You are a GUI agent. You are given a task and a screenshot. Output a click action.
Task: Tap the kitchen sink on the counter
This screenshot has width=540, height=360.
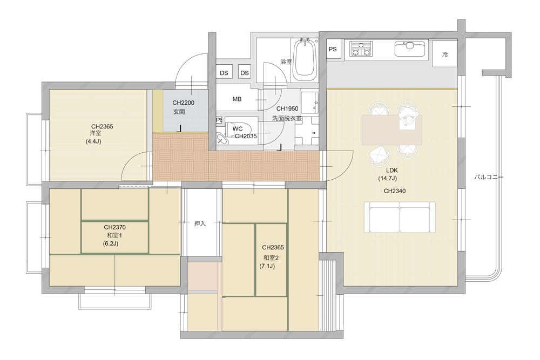click(410, 49)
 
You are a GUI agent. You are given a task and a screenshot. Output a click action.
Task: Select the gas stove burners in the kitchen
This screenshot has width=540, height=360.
click(361, 49)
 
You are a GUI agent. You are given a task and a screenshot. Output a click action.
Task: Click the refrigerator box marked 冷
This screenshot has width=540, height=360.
click(444, 54)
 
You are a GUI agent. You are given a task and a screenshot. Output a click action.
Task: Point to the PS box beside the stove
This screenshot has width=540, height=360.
click(332, 49)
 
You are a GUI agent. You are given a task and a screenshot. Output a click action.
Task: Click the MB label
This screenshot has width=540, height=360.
click(237, 99)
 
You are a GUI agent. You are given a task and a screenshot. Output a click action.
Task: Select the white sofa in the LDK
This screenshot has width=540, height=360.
click(400, 218)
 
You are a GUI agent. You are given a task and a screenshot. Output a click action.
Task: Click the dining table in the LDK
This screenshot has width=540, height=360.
click(392, 130)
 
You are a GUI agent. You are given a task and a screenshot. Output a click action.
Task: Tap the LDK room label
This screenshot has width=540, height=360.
click(391, 171)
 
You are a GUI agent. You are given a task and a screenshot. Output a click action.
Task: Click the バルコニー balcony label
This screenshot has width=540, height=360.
click(489, 177)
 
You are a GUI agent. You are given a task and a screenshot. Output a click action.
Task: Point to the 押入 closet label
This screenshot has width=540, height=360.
click(200, 223)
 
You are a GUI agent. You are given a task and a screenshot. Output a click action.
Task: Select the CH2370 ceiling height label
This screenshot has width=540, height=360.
click(114, 227)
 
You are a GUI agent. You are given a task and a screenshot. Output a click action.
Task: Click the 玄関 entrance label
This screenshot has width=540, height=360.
click(179, 112)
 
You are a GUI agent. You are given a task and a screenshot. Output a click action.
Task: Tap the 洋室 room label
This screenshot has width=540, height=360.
click(96, 133)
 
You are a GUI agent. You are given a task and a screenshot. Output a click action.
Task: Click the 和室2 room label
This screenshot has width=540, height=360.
click(271, 258)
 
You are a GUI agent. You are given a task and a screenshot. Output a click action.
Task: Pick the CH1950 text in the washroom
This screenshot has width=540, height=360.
click(287, 108)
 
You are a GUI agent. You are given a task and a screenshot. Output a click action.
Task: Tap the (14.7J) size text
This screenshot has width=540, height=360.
click(387, 178)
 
